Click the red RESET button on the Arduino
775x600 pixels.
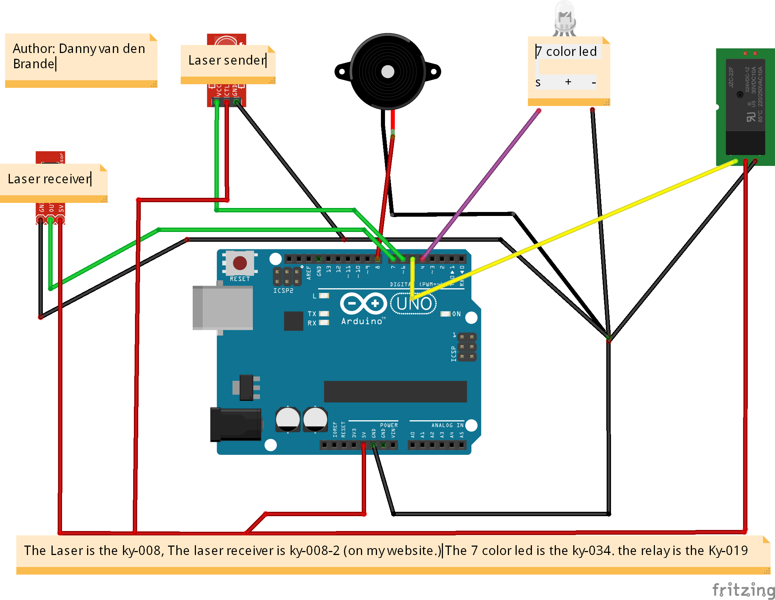[x=239, y=263]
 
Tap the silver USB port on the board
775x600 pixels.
[x=222, y=307]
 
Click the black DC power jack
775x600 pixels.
[x=235, y=424]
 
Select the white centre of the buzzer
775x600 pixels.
[x=387, y=72]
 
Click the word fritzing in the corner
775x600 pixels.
[x=743, y=590]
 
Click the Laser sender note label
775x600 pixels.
[x=227, y=60]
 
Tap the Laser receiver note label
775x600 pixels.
[x=49, y=179]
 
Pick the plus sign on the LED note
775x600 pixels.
[x=568, y=82]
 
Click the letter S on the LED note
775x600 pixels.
[x=538, y=83]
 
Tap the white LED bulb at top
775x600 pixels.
[x=565, y=16]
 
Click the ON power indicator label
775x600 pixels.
[x=456, y=314]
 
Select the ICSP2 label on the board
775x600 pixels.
[x=283, y=291]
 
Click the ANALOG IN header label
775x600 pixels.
[x=447, y=425]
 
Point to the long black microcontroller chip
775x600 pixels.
[x=395, y=391]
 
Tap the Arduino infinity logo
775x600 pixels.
[x=364, y=303]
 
